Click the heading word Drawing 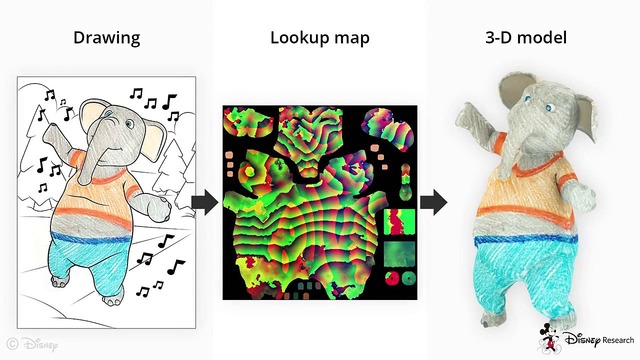tap(106, 38)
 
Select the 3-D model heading tap(526, 37)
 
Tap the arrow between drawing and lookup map tap(205, 202)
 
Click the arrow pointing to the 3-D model tap(433, 202)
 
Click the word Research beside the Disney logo tap(618, 340)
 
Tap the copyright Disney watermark tap(32, 344)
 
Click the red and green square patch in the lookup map tap(399, 222)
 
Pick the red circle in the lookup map tap(392, 278)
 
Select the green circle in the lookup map tap(408, 277)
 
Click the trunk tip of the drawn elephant tap(85, 179)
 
